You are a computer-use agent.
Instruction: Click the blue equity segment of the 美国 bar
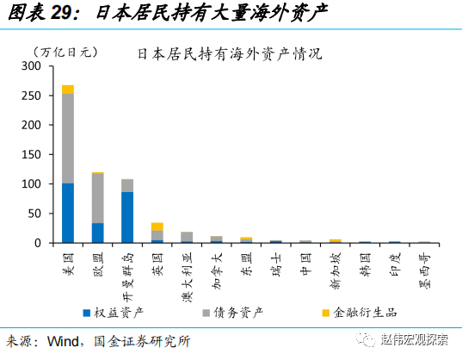coord(68,213)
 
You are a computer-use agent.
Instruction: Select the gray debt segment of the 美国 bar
coord(68,139)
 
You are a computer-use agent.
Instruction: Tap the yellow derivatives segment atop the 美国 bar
coord(68,90)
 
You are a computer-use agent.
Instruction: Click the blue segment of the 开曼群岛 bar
coord(127,217)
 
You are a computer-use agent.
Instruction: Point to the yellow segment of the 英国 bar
coord(157,227)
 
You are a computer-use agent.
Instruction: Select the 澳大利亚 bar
coord(187,237)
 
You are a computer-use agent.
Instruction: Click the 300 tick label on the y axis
coord(31,66)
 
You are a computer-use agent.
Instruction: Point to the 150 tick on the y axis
coord(31,155)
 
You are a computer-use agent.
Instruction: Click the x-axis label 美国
coord(69,259)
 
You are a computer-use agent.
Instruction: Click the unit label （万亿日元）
coord(63,53)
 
